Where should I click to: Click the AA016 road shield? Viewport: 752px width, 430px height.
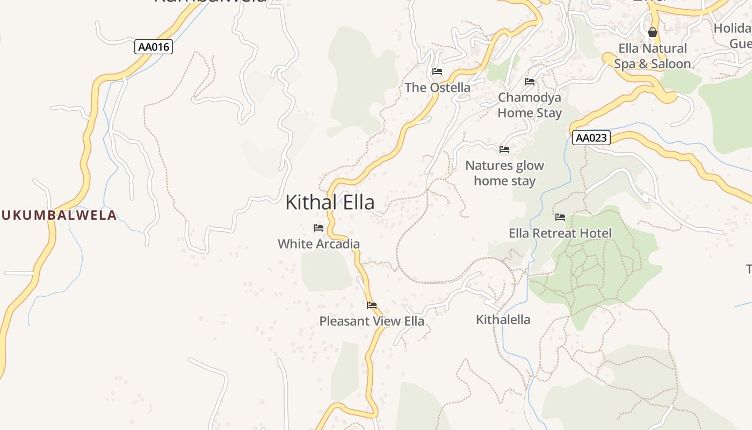tap(153, 47)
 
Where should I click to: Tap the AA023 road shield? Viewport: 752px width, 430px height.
tap(591, 138)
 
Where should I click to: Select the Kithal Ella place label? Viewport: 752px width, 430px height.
tap(330, 203)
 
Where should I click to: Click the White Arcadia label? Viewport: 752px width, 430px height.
tap(319, 244)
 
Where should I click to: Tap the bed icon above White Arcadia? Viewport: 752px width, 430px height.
tap(319, 228)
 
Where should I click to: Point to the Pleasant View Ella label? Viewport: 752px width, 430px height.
tap(372, 321)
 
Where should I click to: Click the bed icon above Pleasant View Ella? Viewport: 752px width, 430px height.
tap(372, 305)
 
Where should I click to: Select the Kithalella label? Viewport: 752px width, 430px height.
tap(503, 320)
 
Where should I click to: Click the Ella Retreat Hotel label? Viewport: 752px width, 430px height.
tap(560, 233)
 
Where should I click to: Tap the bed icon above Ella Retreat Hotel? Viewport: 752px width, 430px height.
tap(560, 217)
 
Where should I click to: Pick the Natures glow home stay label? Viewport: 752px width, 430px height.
tap(504, 173)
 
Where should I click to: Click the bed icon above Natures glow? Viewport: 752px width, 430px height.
tap(504, 149)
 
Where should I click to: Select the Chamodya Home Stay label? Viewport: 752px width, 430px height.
tap(530, 105)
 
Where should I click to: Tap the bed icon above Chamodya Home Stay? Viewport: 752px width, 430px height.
tap(530, 82)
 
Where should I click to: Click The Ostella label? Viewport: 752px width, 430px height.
tap(437, 88)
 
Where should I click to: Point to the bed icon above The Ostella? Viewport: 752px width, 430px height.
tap(437, 71)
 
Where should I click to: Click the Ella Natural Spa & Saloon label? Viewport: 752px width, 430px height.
tap(652, 56)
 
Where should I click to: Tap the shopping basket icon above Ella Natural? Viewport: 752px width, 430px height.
tap(653, 32)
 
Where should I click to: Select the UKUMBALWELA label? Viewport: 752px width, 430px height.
tap(59, 216)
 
